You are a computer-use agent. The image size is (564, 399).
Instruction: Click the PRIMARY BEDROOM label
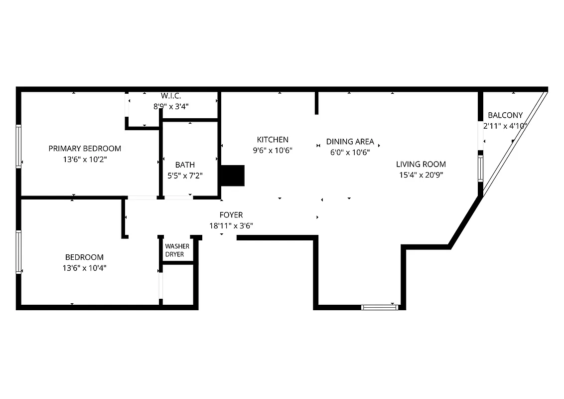pyautogui.click(x=85, y=149)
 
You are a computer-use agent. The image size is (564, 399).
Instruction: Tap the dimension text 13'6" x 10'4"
pyautogui.click(x=85, y=268)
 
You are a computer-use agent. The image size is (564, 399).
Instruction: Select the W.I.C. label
pyautogui.click(x=170, y=95)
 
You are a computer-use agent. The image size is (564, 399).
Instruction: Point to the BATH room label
pyautogui.click(x=185, y=165)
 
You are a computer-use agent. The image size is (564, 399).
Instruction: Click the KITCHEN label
pyautogui.click(x=273, y=140)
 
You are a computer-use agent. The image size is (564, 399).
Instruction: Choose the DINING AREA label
pyautogui.click(x=350, y=142)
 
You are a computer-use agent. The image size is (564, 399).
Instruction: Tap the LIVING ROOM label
pyautogui.click(x=421, y=164)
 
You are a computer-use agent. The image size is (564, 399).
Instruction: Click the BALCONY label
pyautogui.click(x=505, y=115)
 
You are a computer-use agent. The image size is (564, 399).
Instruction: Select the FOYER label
pyautogui.click(x=231, y=215)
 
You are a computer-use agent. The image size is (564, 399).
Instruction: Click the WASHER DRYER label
pyautogui.click(x=177, y=250)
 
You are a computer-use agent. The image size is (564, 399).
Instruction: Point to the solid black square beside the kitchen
pyautogui.click(x=232, y=176)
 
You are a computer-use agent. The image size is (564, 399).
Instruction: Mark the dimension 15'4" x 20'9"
pyautogui.click(x=421, y=175)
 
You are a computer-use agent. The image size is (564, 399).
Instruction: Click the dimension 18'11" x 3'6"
pyautogui.click(x=231, y=225)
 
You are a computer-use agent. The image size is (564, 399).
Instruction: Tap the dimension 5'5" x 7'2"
pyautogui.click(x=185, y=176)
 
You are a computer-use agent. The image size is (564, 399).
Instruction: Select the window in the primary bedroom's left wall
pyautogui.click(x=18, y=146)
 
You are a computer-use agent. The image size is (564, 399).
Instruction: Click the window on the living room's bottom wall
pyautogui.click(x=380, y=307)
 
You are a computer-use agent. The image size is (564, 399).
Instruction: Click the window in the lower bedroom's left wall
pyautogui.click(x=18, y=252)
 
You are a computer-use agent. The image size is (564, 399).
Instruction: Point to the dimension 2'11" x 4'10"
pyautogui.click(x=505, y=126)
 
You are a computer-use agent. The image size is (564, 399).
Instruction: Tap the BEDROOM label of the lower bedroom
pyautogui.click(x=85, y=257)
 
